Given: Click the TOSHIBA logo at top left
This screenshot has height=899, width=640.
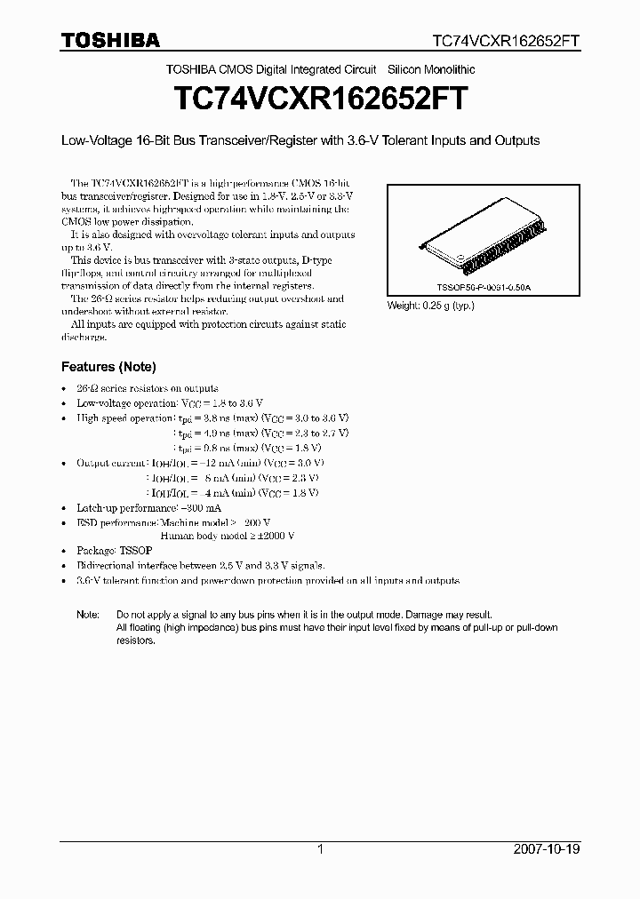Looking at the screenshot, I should [110, 41].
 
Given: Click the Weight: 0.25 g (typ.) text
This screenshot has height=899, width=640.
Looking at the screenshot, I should [431, 306].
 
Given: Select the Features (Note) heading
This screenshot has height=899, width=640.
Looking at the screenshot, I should [108, 367].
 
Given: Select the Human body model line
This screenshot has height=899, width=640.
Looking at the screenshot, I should [227, 536].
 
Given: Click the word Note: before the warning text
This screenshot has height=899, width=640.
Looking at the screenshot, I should [88, 615].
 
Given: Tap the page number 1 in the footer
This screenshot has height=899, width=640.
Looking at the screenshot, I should [320, 849].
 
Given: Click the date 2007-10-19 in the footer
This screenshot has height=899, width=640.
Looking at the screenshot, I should [548, 849].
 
